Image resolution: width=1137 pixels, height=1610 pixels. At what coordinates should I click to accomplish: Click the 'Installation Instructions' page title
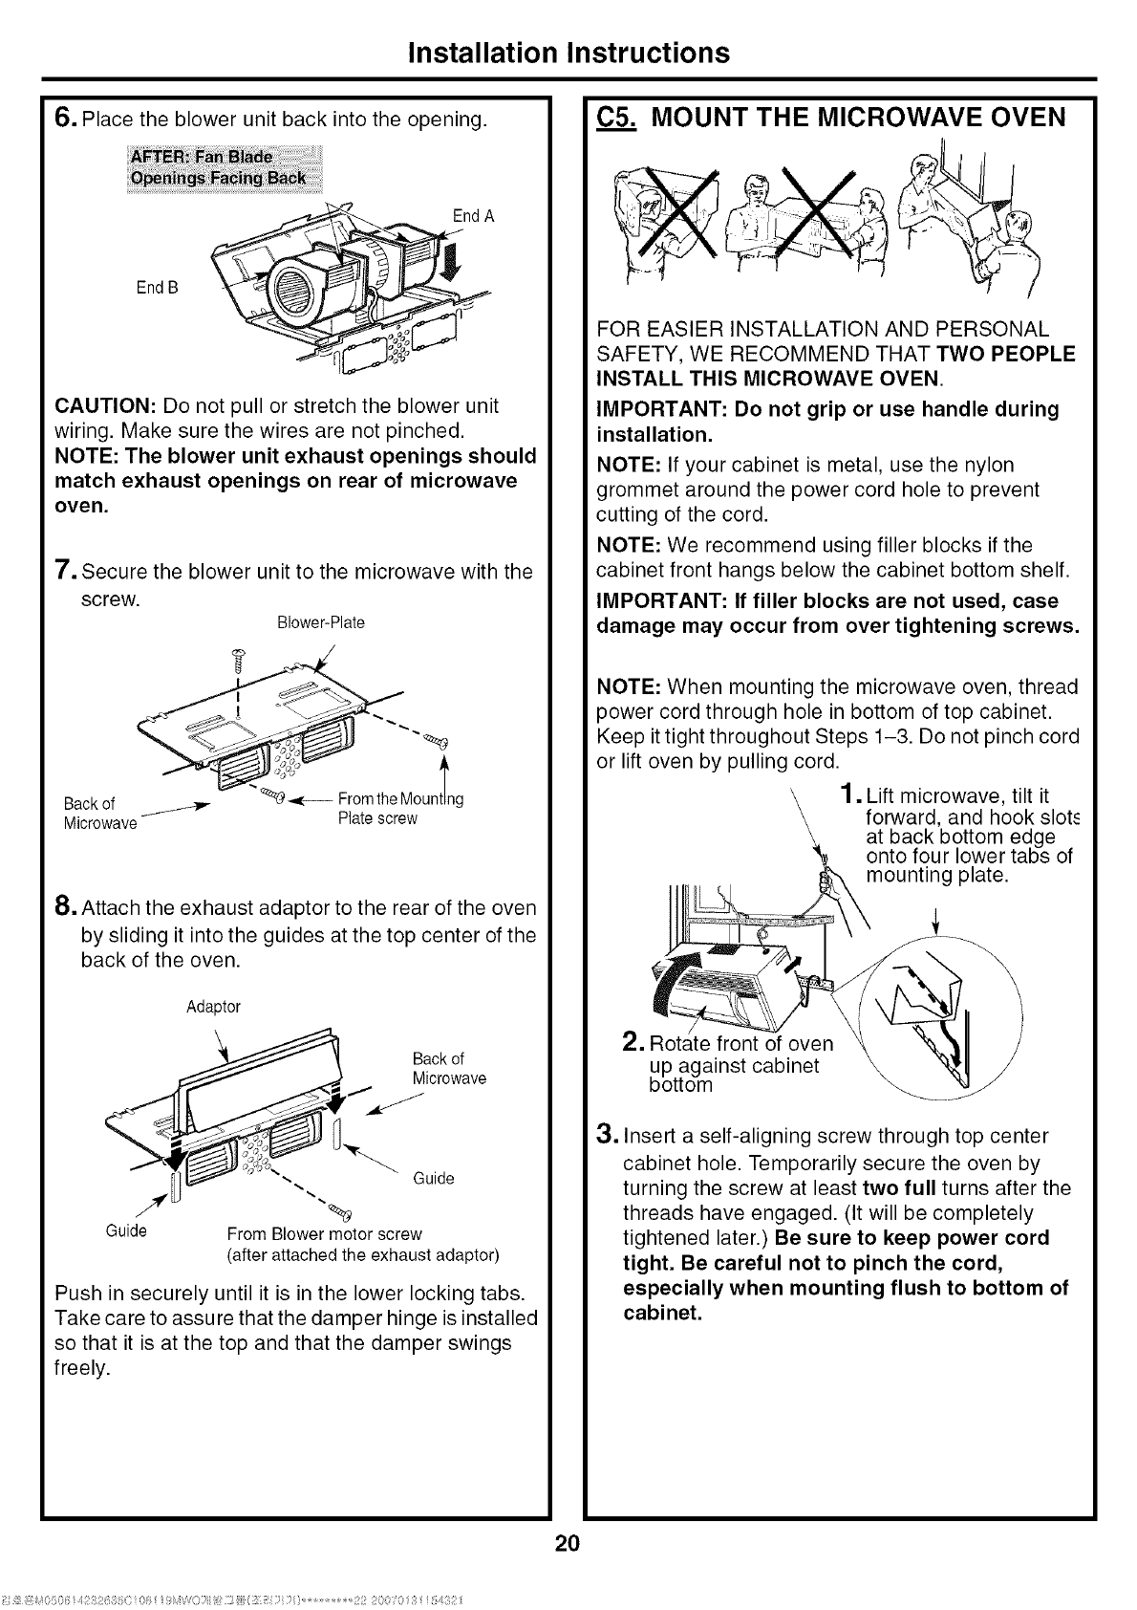[568, 52]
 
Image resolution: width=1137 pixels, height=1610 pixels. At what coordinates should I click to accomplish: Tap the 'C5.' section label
[618, 118]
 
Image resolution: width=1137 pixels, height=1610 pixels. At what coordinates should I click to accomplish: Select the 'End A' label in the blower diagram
[473, 216]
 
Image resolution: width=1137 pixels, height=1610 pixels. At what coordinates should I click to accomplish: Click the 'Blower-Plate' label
[320, 622]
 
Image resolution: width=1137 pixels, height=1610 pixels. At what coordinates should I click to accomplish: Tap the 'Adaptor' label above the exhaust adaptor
[214, 1007]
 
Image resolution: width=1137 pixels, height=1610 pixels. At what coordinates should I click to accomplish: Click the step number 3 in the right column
[604, 1136]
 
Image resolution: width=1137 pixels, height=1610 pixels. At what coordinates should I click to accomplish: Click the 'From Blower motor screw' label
[324, 1233]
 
